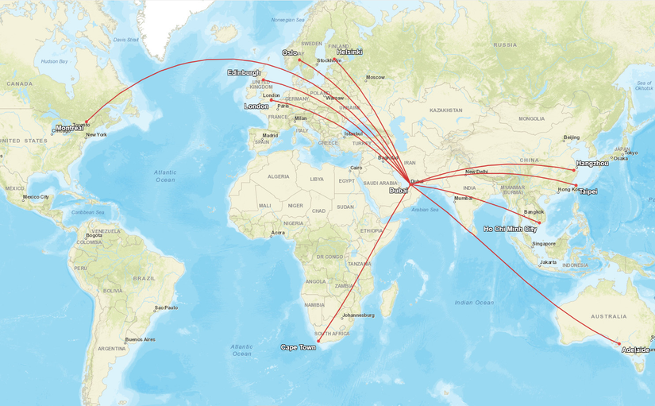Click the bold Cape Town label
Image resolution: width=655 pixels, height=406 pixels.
click(298, 347)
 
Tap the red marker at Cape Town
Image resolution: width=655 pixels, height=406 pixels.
click(318, 341)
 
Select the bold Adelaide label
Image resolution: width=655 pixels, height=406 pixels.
click(635, 350)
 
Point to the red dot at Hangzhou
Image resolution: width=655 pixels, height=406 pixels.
click(575, 170)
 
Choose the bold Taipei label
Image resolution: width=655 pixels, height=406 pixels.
click(588, 191)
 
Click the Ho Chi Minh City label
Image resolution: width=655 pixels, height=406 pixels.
click(510, 229)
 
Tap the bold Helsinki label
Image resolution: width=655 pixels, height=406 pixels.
click(349, 52)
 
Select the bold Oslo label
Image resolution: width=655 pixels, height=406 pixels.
click(290, 53)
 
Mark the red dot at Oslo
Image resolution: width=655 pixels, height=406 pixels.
click(299, 60)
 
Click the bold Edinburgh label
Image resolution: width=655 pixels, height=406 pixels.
click(244, 73)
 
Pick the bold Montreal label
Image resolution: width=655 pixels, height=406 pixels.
click(70, 128)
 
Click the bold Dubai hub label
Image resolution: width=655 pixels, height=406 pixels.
click(399, 191)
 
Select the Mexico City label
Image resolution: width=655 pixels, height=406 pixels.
click(37, 196)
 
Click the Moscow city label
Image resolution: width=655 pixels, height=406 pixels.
click(375, 77)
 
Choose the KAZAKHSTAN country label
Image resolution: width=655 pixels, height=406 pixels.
click(445, 110)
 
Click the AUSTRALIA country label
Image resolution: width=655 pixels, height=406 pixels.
click(608, 316)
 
